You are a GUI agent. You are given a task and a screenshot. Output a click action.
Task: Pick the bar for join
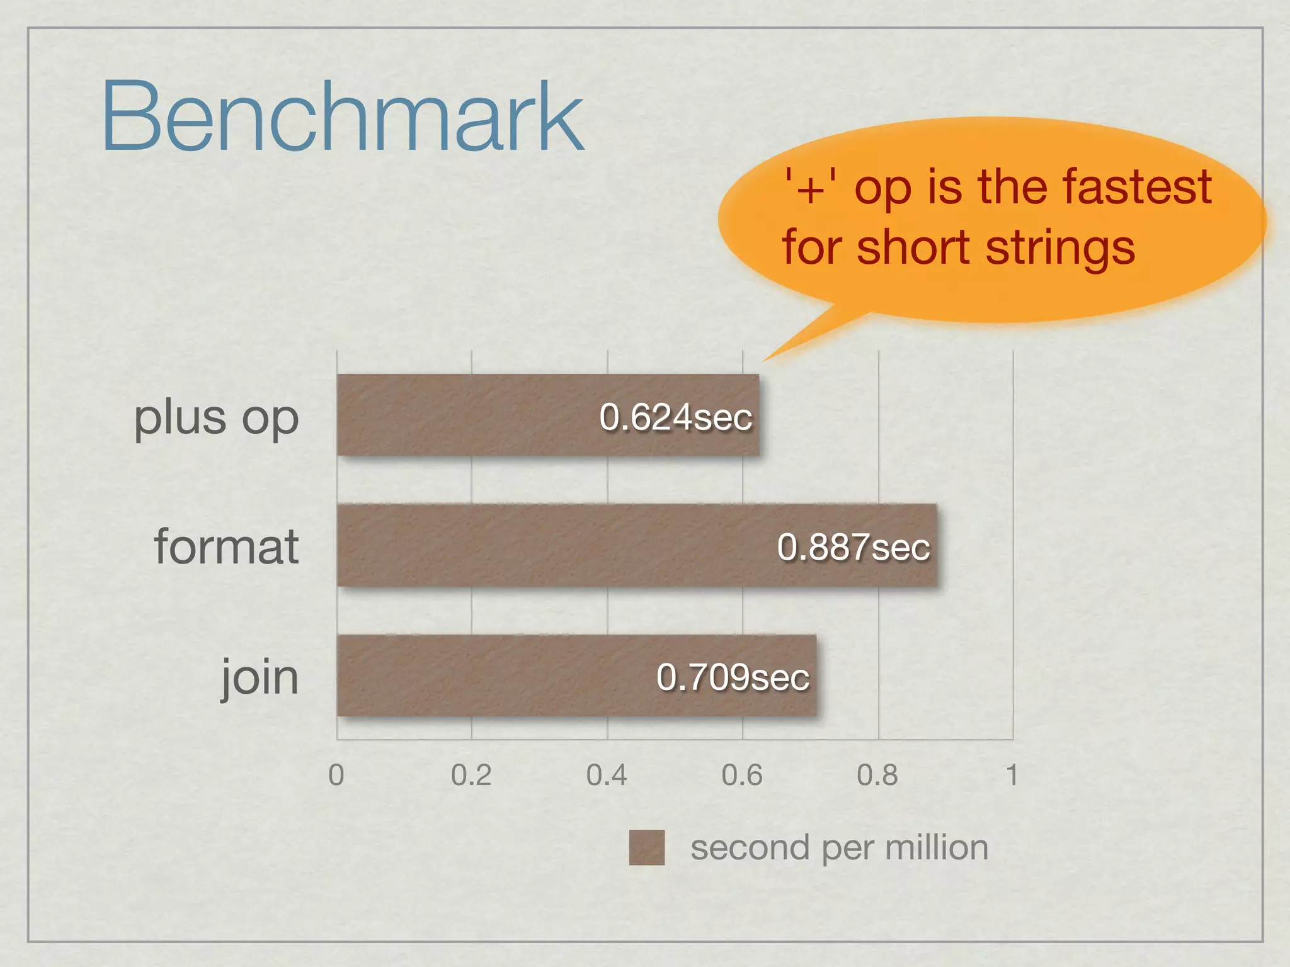(491, 675)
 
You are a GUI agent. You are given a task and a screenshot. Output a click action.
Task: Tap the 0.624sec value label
(676, 417)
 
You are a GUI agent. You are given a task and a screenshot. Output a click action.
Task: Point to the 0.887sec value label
(853, 546)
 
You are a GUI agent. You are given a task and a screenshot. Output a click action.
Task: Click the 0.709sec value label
(733, 677)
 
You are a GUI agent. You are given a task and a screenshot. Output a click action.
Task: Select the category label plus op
(216, 418)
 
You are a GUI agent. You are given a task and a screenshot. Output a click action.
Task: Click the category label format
(226, 546)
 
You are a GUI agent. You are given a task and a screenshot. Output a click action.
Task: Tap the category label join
(260, 677)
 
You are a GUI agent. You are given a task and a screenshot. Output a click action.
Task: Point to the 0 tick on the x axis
(336, 775)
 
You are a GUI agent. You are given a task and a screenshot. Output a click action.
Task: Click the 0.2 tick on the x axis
(471, 775)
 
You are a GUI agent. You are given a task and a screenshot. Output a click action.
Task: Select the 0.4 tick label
(607, 775)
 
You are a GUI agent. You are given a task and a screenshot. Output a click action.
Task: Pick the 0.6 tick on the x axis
(742, 775)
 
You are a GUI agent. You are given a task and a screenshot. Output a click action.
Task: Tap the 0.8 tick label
(877, 775)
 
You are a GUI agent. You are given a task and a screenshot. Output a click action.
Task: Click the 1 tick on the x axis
(1012, 775)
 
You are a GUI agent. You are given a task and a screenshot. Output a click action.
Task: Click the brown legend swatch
(647, 847)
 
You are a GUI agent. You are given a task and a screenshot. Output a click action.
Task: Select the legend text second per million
(839, 847)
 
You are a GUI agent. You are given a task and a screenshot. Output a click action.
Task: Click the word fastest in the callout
(1137, 187)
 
